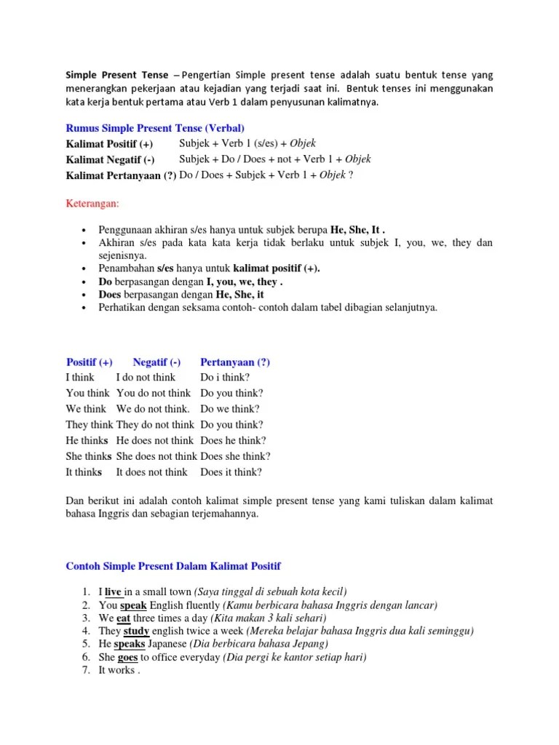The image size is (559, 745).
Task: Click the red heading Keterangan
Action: [92, 202]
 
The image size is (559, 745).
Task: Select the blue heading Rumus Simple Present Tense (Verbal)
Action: [155, 127]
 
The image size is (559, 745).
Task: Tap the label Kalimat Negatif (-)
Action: [110, 159]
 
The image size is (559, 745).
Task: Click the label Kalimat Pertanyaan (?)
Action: [120, 175]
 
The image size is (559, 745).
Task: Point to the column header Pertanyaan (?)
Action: [235, 362]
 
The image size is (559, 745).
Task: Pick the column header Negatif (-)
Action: [156, 362]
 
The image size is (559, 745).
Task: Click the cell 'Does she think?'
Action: [235, 456]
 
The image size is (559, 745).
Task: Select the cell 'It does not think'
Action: [151, 472]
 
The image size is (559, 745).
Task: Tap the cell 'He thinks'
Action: [87, 440]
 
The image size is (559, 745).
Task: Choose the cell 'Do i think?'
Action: [225, 377]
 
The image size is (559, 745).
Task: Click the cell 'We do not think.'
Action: [153, 409]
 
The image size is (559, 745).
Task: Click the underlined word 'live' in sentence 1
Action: [113, 591]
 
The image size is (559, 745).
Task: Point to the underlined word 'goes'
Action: [127, 657]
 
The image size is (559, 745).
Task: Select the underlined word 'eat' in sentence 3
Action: [124, 618]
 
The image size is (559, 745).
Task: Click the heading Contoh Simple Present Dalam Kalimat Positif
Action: [173, 565]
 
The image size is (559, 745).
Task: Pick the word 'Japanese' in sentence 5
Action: [167, 644]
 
